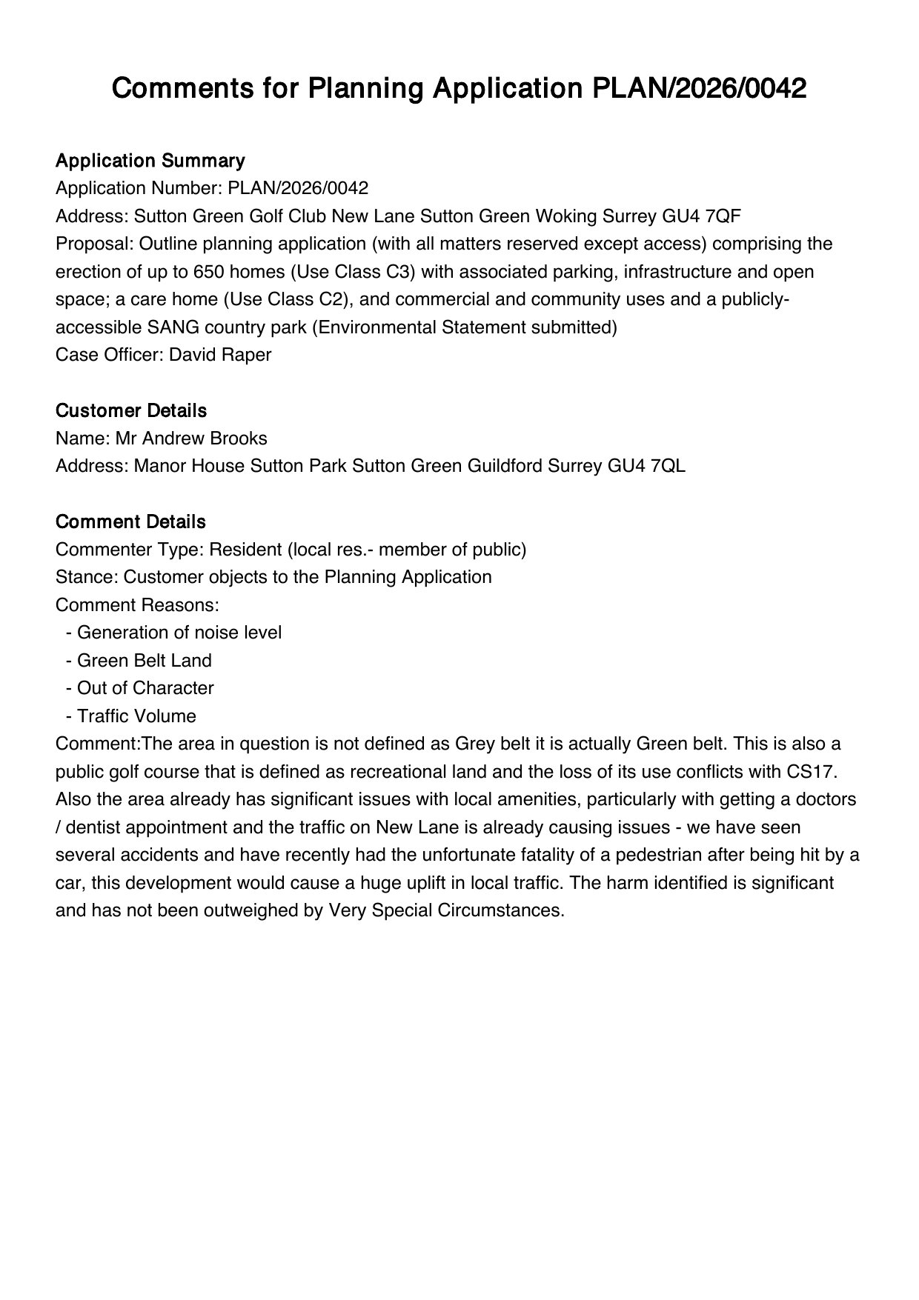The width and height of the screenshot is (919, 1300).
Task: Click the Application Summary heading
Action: (x=150, y=161)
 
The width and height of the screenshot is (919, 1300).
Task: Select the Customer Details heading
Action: (x=131, y=410)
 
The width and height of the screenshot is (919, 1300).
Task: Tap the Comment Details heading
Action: (x=130, y=521)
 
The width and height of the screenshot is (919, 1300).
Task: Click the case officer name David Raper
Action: (x=220, y=355)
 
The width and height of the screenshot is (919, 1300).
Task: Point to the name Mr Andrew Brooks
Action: (x=191, y=439)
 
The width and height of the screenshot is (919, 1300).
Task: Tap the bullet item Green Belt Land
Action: (x=144, y=661)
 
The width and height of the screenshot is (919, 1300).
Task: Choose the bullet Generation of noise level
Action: (x=179, y=633)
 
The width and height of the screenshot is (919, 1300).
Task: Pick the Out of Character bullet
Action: (x=145, y=688)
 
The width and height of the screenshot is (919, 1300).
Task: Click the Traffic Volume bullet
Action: (x=136, y=716)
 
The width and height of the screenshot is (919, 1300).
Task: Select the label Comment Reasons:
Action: (x=137, y=605)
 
